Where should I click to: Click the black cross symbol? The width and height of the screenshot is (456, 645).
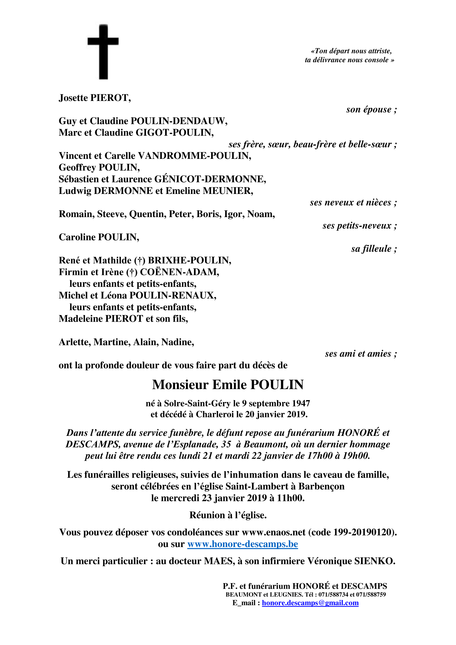(103, 52)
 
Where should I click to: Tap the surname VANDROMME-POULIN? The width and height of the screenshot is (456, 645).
(194, 156)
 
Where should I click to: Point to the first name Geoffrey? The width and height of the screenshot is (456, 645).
(77, 167)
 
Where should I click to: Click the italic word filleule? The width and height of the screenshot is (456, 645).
(377, 249)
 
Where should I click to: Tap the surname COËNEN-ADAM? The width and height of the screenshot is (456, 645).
(179, 272)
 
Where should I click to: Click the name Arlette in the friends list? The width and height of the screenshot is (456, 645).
(74, 342)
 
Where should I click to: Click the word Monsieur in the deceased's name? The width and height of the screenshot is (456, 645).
(180, 385)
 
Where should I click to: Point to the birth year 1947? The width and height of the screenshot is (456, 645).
(301, 403)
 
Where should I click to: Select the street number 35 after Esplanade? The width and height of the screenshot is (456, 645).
(226, 444)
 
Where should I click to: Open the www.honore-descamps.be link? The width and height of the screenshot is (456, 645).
(243, 544)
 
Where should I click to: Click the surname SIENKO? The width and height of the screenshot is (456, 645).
(374, 561)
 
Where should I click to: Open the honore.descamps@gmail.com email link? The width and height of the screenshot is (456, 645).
(310, 603)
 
